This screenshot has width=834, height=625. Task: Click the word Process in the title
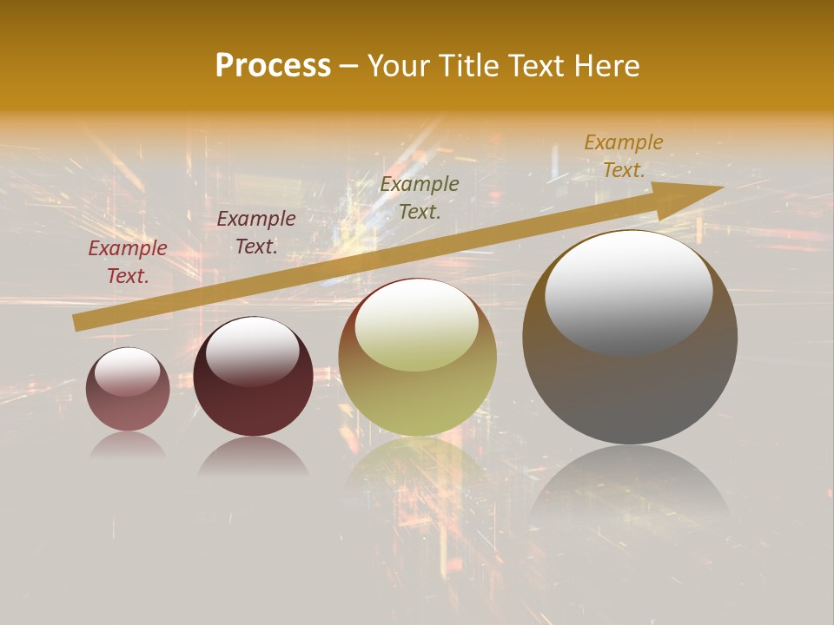click(x=273, y=66)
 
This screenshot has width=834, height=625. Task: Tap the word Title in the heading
click(x=465, y=66)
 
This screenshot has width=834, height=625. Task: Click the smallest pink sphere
click(x=128, y=389)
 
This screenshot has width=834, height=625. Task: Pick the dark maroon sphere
click(x=253, y=377)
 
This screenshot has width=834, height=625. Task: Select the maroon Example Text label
click(x=256, y=233)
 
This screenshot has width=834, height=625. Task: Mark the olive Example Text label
click(x=420, y=197)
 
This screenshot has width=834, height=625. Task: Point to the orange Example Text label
click(x=624, y=156)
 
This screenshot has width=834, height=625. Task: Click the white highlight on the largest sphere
click(x=628, y=292)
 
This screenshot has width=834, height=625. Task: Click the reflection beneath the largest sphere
click(x=630, y=486)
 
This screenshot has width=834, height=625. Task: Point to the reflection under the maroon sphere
click(x=253, y=456)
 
